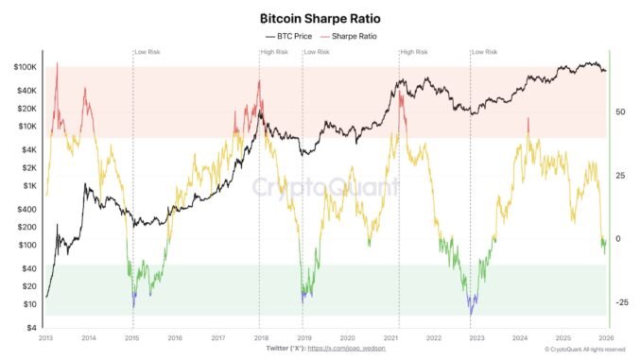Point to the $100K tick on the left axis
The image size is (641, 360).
(x=25, y=68)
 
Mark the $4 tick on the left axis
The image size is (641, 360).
(x=32, y=328)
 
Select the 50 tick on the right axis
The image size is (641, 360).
(x=621, y=111)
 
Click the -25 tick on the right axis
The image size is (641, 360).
(x=622, y=302)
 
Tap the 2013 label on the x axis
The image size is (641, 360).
(x=45, y=337)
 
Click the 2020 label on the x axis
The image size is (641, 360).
(x=347, y=337)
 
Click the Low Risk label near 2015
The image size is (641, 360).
(x=147, y=51)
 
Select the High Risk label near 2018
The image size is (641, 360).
(x=276, y=51)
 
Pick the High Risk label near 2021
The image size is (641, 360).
(x=414, y=51)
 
